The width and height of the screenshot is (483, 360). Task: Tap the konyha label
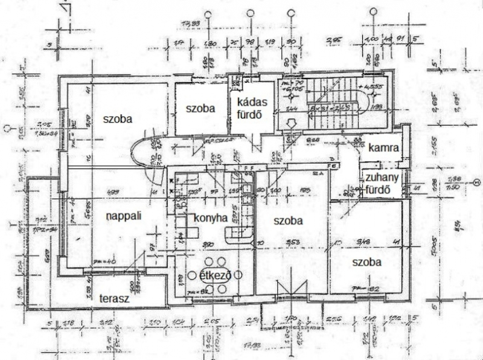210,217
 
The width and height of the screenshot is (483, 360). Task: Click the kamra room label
383,147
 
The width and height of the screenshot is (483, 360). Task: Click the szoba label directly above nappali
118,118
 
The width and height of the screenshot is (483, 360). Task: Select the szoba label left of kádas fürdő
200,108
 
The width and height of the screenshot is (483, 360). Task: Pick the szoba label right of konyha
288,220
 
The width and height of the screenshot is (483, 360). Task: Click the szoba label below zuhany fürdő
367,262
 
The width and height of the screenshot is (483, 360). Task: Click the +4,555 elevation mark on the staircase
376,86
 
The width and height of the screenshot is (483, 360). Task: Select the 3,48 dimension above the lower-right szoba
364,243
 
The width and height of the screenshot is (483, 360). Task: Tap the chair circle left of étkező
188,276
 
